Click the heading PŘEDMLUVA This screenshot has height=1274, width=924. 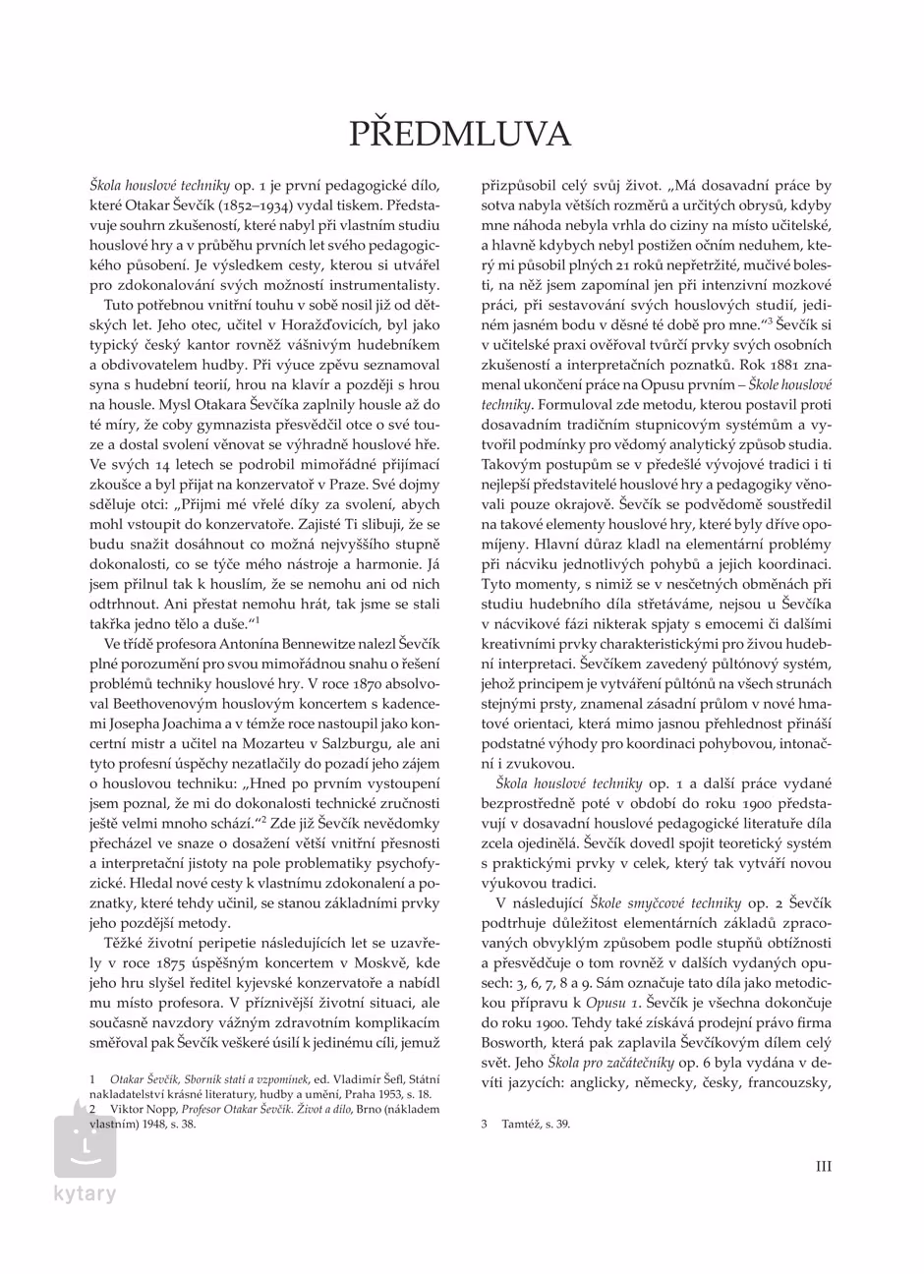pos(461,135)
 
